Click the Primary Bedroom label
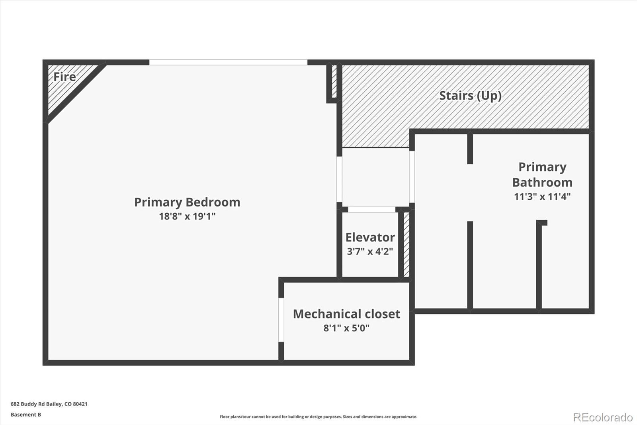187,202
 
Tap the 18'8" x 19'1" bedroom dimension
187,216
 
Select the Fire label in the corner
64,77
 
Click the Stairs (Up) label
470,96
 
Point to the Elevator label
370,237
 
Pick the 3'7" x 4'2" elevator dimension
370,252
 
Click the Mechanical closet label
346,314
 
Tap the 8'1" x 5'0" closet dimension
346,328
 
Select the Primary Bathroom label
542,175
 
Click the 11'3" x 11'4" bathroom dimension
542,197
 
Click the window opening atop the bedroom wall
228,63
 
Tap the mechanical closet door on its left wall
281,320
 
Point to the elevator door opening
372,210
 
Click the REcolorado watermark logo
603,417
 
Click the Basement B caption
26,415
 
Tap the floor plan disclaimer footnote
318,417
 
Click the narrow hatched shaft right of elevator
406,244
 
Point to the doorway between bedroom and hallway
339,179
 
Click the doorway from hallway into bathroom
412,176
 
